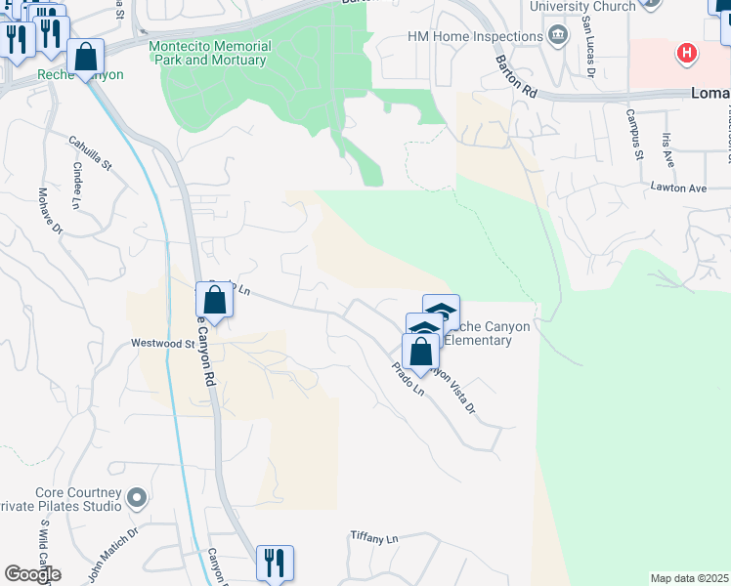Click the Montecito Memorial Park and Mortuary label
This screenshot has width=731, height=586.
pos(210,53)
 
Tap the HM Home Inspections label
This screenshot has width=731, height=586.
pos(475,37)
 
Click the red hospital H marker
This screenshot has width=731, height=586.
pos(688,53)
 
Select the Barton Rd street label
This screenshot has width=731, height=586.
pos(516,75)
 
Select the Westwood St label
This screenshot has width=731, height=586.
pos(163,344)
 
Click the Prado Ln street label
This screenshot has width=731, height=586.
pos(408,382)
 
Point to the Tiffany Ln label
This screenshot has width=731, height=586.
pos(375,538)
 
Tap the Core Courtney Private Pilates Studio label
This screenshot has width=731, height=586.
pos(78,500)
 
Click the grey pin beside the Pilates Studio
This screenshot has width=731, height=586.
pos(137,498)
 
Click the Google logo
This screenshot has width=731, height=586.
pos(32,574)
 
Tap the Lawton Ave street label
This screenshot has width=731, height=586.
pos(678,188)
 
